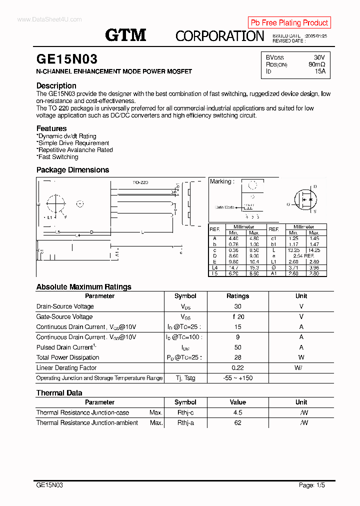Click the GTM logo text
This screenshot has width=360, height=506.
tap(125, 35)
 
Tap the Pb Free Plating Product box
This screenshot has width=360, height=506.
tap(289, 22)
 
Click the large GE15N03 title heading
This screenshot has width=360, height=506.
tap(67, 59)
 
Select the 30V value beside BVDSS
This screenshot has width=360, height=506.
tap(319, 57)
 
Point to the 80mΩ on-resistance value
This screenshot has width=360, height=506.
tap(316, 64)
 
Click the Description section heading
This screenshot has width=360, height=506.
tap(56, 85)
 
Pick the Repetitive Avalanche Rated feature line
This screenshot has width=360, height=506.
tap(75, 150)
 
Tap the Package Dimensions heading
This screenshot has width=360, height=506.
tap(72, 170)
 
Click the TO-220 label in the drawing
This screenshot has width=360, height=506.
tap(140, 182)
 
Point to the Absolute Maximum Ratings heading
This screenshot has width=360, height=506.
tap(83, 287)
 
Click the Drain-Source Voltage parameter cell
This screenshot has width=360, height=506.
tap(65, 306)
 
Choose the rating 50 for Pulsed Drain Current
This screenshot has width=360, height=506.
tap(237, 347)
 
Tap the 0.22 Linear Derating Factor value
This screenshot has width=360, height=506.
tap(237, 368)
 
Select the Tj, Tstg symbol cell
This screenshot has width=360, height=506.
tap(185, 378)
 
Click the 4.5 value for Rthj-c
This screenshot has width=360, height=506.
tap(237, 412)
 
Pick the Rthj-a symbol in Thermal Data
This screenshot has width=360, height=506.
tap(185, 423)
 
